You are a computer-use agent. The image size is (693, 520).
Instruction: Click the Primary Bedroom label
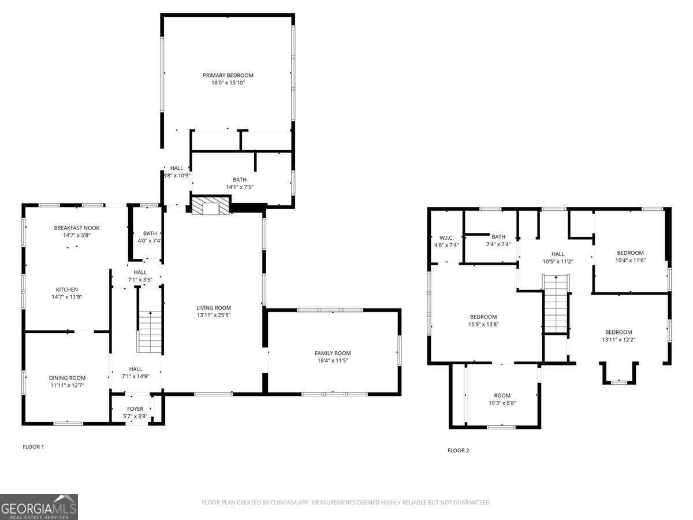click(x=228, y=76)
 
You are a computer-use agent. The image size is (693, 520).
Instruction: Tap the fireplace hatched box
click(x=211, y=206)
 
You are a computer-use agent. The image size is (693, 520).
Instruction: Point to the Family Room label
click(x=333, y=353)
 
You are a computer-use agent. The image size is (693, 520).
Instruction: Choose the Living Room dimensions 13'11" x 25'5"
click(x=214, y=315)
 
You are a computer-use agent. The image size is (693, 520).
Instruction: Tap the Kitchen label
click(x=67, y=289)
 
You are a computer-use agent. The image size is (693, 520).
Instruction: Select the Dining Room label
click(x=67, y=378)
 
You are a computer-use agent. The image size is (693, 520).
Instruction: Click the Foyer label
click(x=135, y=409)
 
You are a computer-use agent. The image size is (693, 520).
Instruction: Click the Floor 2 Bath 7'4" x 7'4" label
click(x=498, y=237)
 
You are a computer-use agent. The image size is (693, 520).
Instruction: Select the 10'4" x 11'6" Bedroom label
click(x=630, y=253)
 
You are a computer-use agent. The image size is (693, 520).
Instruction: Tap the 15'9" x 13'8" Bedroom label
click(x=483, y=317)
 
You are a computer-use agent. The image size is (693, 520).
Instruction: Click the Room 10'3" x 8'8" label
click(x=502, y=396)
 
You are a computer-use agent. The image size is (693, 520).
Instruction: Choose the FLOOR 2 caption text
click(x=459, y=451)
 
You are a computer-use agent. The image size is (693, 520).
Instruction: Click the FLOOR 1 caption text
click(x=33, y=447)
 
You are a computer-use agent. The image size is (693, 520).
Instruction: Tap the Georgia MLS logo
click(x=39, y=507)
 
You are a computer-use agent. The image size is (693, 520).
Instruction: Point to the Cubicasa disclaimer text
click(x=346, y=503)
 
